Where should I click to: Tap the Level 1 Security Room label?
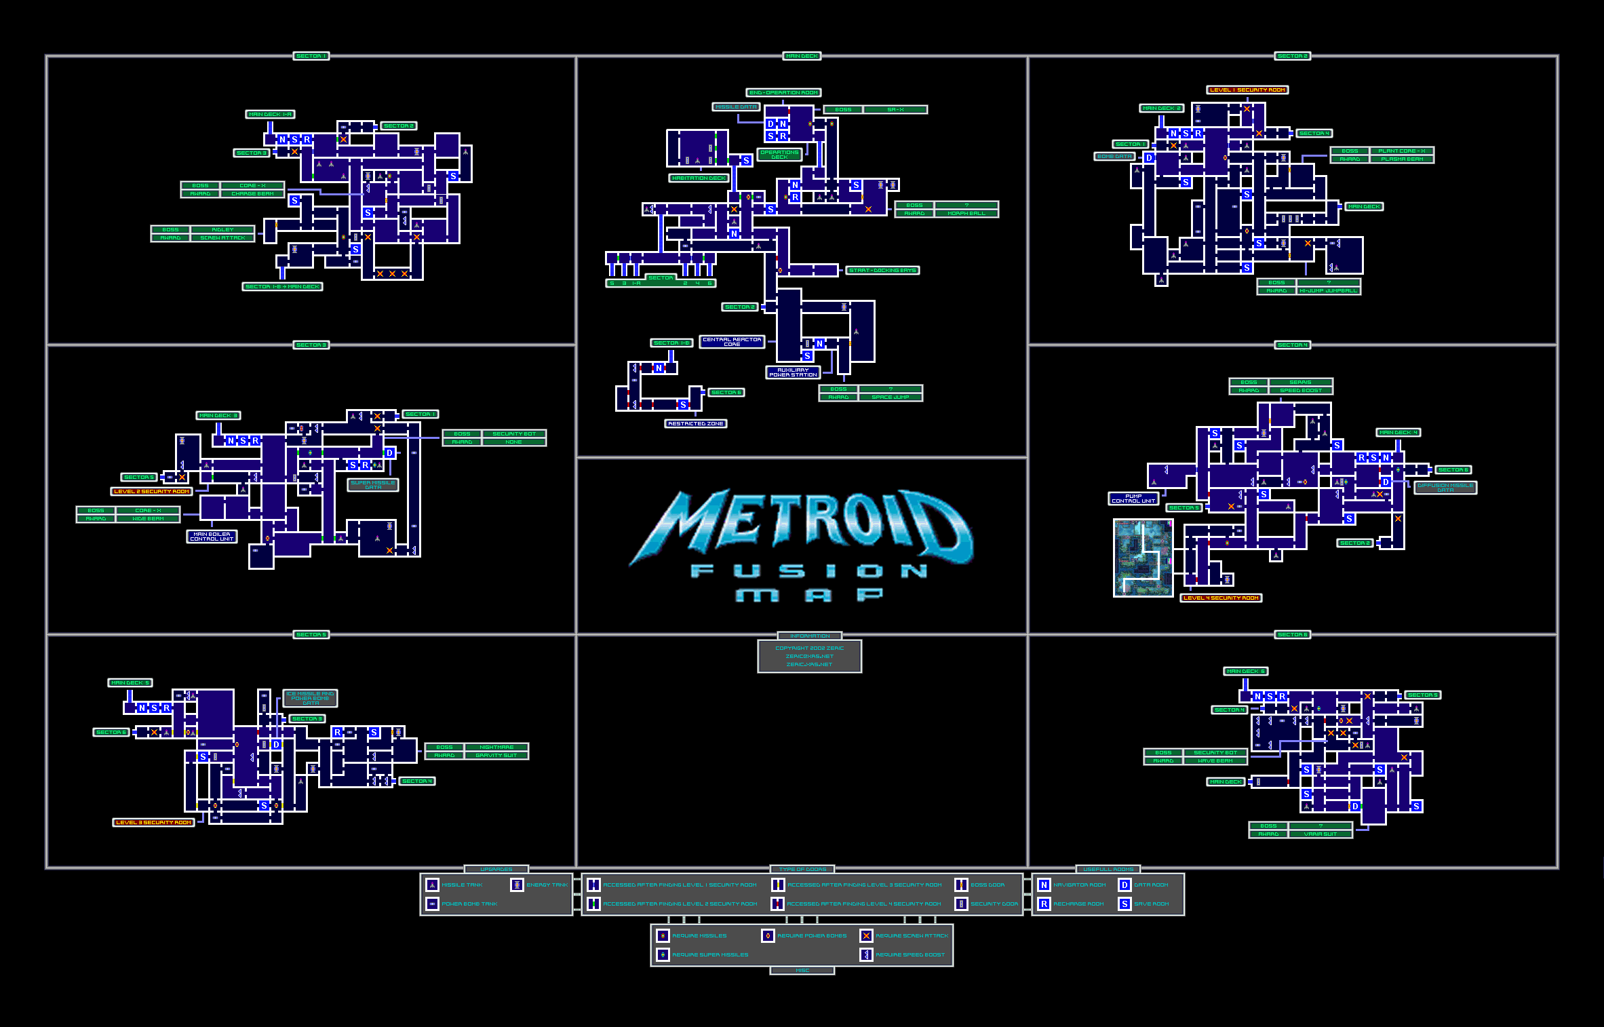click(1247, 90)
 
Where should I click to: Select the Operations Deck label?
click(779, 155)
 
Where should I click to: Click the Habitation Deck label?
click(699, 178)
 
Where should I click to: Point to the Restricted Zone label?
click(696, 423)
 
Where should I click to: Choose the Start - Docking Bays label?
click(882, 270)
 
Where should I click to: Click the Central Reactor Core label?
click(732, 342)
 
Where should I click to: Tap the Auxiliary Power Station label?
click(793, 372)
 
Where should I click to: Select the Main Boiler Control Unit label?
click(212, 537)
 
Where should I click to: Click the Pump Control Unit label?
click(1133, 499)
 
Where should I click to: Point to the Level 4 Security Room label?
click(1221, 598)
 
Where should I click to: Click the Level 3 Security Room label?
click(154, 822)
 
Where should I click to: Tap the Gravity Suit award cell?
click(496, 755)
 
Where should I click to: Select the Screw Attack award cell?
click(222, 237)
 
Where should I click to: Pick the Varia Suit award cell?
click(1320, 834)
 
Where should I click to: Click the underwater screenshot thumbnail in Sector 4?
click(1143, 558)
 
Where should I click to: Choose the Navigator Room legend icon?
click(1044, 885)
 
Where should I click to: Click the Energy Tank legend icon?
click(517, 885)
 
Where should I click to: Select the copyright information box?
click(809, 656)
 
